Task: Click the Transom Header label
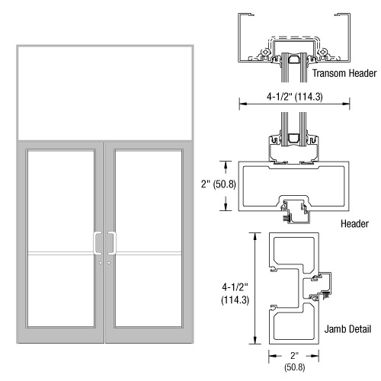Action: (x=344, y=73)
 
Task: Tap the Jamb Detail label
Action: (x=347, y=329)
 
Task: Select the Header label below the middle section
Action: (x=354, y=223)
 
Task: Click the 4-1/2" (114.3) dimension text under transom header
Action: (x=295, y=97)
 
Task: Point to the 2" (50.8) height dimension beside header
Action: (x=219, y=184)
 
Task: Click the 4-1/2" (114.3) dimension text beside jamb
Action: (x=235, y=293)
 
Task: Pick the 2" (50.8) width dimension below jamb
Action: (x=294, y=361)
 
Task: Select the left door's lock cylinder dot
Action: (x=101, y=263)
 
